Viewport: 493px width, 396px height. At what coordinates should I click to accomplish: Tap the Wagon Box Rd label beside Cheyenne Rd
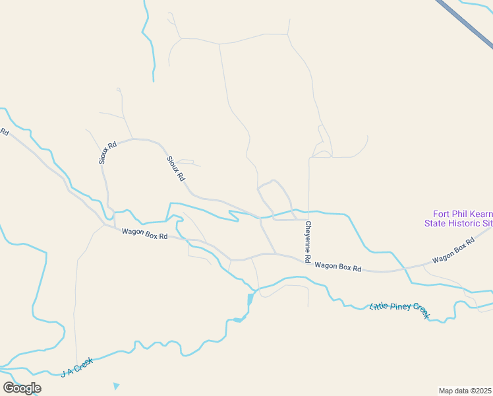338,267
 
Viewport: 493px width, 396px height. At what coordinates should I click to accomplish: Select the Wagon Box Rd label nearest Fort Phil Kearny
453,251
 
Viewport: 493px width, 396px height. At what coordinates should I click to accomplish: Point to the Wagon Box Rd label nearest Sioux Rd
144,234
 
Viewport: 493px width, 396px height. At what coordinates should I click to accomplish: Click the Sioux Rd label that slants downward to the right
176,169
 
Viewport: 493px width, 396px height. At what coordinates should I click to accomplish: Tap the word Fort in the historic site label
441,214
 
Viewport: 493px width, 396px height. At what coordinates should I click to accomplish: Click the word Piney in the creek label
401,307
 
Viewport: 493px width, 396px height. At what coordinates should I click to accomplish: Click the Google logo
22,388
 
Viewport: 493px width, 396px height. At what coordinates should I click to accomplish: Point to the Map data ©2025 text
465,391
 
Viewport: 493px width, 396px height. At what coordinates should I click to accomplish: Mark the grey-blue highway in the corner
465,22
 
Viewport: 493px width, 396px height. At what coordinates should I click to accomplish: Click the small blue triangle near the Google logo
117,386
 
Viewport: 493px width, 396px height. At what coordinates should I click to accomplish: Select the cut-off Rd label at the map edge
5,132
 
